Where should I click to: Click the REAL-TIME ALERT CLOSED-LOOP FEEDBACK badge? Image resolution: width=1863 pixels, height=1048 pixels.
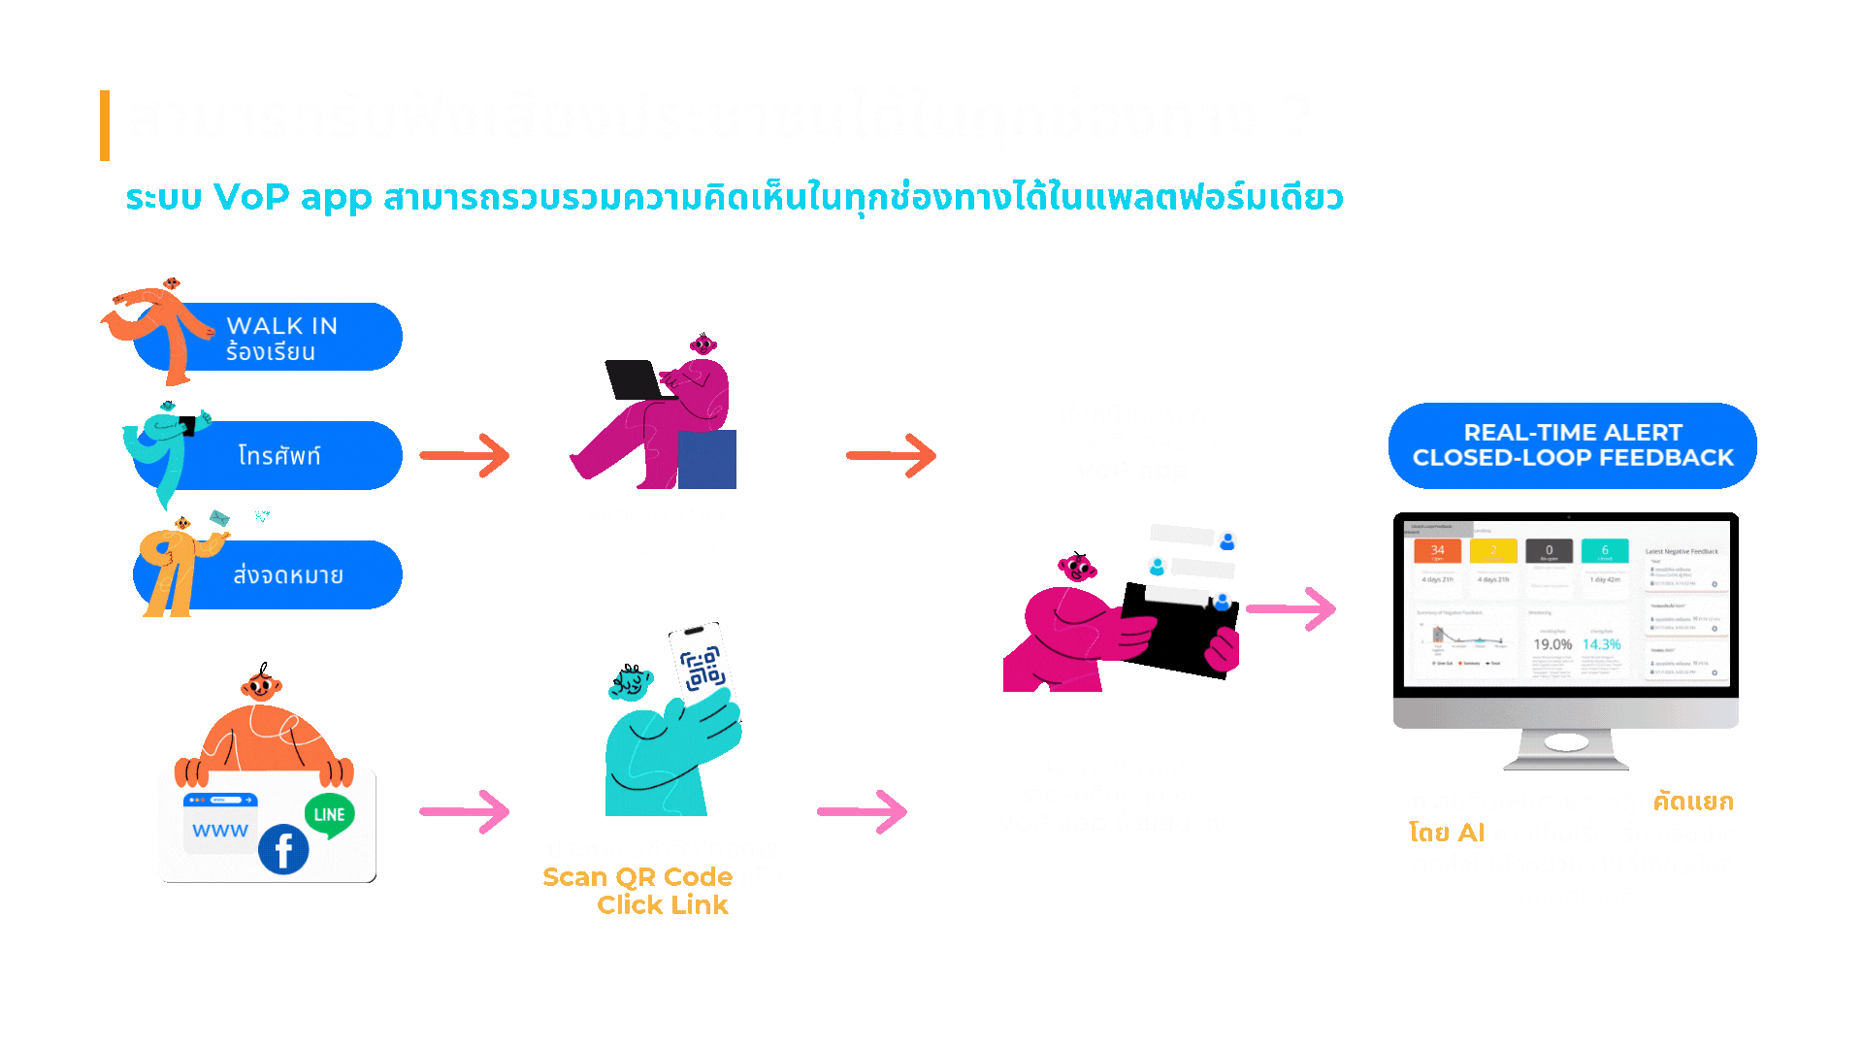click(1572, 445)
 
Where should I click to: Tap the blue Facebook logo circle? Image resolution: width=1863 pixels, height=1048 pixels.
click(283, 850)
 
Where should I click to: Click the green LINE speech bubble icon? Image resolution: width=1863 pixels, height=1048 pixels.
click(329, 816)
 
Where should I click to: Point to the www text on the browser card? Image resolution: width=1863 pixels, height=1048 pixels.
click(220, 831)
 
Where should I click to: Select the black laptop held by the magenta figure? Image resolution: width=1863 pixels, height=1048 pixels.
click(633, 379)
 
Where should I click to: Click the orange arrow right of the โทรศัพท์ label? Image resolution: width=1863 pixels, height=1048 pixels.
click(465, 455)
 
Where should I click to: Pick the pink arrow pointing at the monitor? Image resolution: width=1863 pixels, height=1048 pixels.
click(1291, 608)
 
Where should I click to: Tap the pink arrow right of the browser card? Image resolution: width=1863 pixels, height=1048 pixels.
click(465, 811)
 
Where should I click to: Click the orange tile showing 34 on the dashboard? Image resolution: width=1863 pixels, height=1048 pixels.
click(1437, 551)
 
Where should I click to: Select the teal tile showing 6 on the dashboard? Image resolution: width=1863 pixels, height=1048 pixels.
click(1605, 551)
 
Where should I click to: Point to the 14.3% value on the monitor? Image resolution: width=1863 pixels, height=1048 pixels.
click(1601, 644)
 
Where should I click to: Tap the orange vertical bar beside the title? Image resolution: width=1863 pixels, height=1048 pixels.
click(105, 125)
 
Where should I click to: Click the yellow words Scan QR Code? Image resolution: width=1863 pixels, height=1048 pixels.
click(637, 877)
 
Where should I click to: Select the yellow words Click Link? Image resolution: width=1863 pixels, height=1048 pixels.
click(663, 905)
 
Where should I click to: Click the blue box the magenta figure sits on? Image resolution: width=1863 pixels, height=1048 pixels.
click(707, 459)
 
